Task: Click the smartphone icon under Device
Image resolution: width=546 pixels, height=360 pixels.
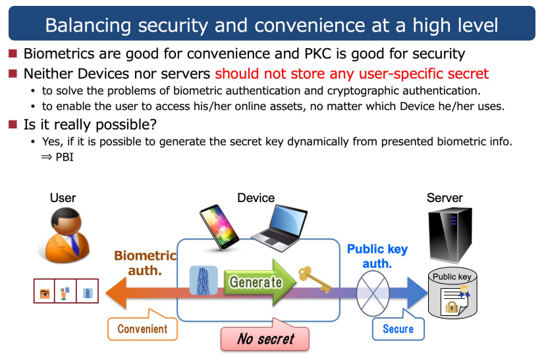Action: pos(219,227)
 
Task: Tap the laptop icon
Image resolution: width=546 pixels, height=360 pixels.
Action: pos(279,228)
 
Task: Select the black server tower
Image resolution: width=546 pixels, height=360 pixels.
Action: pos(450,234)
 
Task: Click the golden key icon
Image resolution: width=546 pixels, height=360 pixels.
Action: pos(315,279)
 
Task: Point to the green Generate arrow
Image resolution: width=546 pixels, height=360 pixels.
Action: pos(259,282)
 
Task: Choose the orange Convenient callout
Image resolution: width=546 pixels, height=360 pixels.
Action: pos(142,325)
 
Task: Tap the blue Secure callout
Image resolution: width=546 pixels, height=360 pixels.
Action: pos(398,325)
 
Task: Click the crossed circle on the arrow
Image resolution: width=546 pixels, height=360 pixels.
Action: pos(373,294)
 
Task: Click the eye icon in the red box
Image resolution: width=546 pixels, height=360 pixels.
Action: pos(45,294)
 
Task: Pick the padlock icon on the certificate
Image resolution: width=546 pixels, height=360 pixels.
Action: pos(451,307)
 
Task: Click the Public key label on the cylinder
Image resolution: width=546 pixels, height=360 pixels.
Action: pos(452,277)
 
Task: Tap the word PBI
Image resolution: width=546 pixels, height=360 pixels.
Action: pos(65,157)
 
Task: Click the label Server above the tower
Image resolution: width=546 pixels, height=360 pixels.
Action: pos(445,198)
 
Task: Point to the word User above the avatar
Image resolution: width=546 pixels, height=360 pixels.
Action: pos(63,198)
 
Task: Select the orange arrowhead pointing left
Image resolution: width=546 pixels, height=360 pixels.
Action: pos(116,293)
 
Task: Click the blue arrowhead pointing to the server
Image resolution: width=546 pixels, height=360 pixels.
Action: pos(418,294)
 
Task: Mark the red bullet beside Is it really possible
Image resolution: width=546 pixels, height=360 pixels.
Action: pos(13,124)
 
